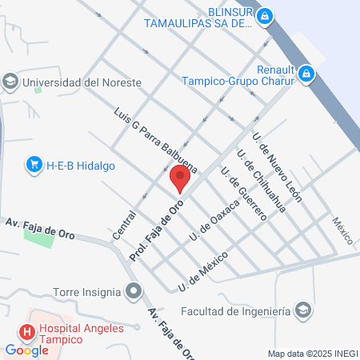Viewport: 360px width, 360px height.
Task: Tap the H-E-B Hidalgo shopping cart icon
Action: (33, 165)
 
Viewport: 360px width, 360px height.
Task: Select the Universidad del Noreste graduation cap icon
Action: (10, 82)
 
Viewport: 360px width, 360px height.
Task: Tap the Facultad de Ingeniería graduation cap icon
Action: (303, 310)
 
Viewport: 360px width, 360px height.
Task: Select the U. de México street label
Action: (204, 271)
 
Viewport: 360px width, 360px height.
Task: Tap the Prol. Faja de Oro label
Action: (158, 231)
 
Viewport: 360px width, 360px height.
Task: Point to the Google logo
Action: (27, 350)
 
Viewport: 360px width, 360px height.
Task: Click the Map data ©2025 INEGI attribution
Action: (311, 353)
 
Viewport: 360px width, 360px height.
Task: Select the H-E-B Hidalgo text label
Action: (81, 165)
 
